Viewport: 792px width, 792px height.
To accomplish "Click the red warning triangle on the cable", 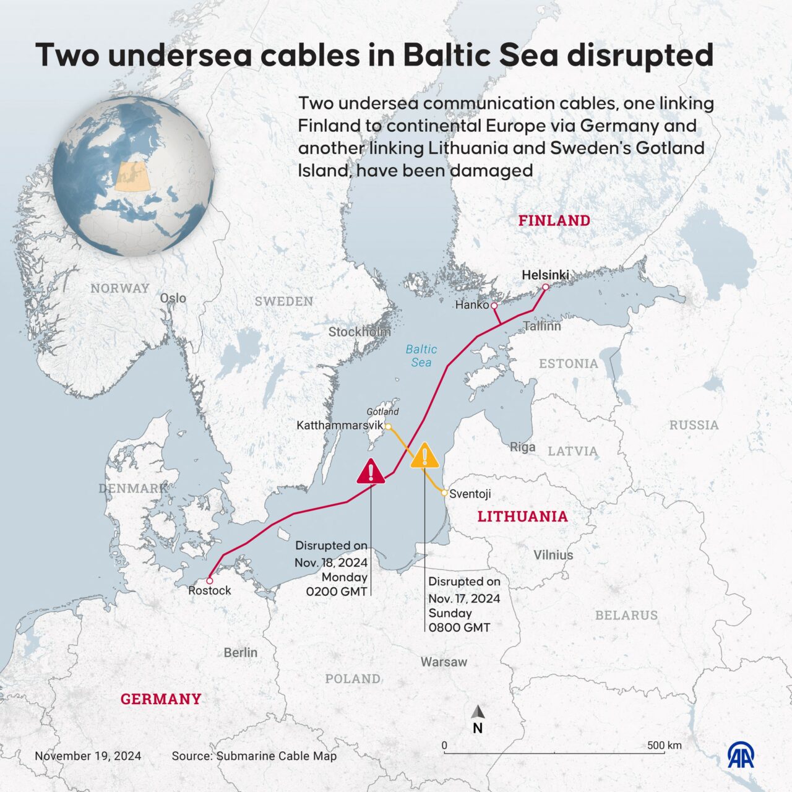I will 371,471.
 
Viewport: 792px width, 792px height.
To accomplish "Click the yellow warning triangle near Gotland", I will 424,457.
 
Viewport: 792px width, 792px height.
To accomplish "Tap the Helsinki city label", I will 545,275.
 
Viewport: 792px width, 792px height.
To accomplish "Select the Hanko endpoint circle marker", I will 494,306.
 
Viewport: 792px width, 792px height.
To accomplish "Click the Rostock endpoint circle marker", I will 210,580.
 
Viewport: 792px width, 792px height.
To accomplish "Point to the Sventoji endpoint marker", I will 444,493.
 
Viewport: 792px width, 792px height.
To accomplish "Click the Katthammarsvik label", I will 340,426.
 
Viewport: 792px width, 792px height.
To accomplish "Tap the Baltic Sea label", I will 421,356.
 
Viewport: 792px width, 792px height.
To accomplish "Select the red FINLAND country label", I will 554,220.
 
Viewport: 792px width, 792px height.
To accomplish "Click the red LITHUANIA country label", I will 522,517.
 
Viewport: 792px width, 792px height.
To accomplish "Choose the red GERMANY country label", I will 161,699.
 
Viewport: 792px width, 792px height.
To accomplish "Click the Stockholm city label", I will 359,332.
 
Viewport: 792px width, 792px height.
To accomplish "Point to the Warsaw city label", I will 444,662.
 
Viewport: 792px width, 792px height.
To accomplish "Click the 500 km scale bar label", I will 665,745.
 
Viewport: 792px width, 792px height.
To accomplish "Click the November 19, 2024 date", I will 88,756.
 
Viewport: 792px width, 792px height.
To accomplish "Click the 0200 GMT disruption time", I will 337,592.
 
